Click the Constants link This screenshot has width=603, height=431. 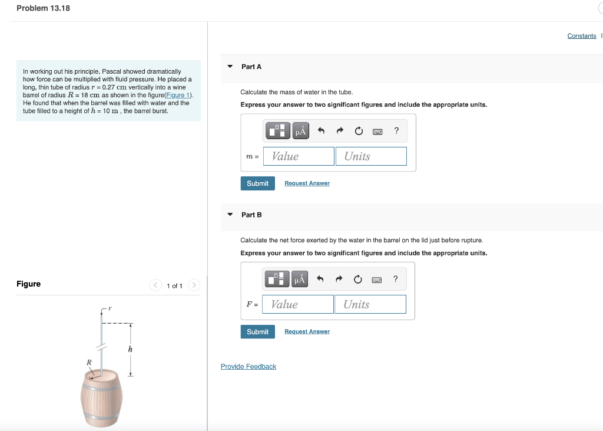581,36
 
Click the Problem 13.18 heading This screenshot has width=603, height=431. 43,8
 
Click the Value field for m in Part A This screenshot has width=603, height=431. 299,156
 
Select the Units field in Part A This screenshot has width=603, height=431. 372,156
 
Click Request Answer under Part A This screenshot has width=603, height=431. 307,183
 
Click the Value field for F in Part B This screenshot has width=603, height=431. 299,304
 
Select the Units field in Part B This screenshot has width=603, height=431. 371,304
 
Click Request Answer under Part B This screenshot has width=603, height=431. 307,332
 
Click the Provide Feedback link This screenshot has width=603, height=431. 248,367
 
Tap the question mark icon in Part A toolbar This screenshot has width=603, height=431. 396,131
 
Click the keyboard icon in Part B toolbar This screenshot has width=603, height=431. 376,279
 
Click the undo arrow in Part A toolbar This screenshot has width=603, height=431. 320,131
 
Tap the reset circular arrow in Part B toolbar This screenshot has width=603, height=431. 358,279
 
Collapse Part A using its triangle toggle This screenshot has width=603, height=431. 230,67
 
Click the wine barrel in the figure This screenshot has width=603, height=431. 101,398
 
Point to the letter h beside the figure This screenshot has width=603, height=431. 130,350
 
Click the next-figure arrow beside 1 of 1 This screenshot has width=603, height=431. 195,286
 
